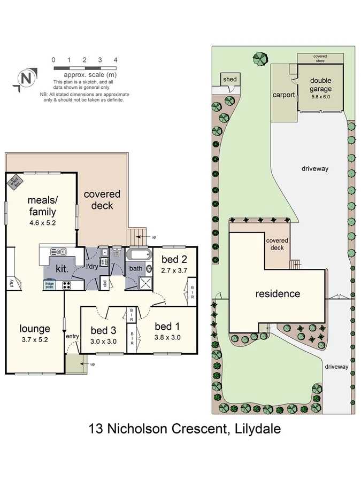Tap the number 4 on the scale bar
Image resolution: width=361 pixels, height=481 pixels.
pos(116,60)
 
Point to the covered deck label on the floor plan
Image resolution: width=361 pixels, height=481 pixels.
pos(102,199)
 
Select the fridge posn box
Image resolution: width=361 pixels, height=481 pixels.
pos(49,285)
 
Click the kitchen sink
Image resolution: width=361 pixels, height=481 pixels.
pos(56,251)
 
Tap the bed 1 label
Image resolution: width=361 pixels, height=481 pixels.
pos(164,327)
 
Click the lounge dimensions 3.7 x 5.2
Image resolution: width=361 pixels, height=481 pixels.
pos(35,339)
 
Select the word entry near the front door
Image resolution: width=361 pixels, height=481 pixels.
pos(72,336)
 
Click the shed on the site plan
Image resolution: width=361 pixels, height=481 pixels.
pos(229,80)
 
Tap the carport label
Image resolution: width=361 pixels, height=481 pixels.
pos(283,95)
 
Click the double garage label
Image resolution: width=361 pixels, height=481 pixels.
pos(321,85)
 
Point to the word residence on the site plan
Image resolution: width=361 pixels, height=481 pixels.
pos(278,293)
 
